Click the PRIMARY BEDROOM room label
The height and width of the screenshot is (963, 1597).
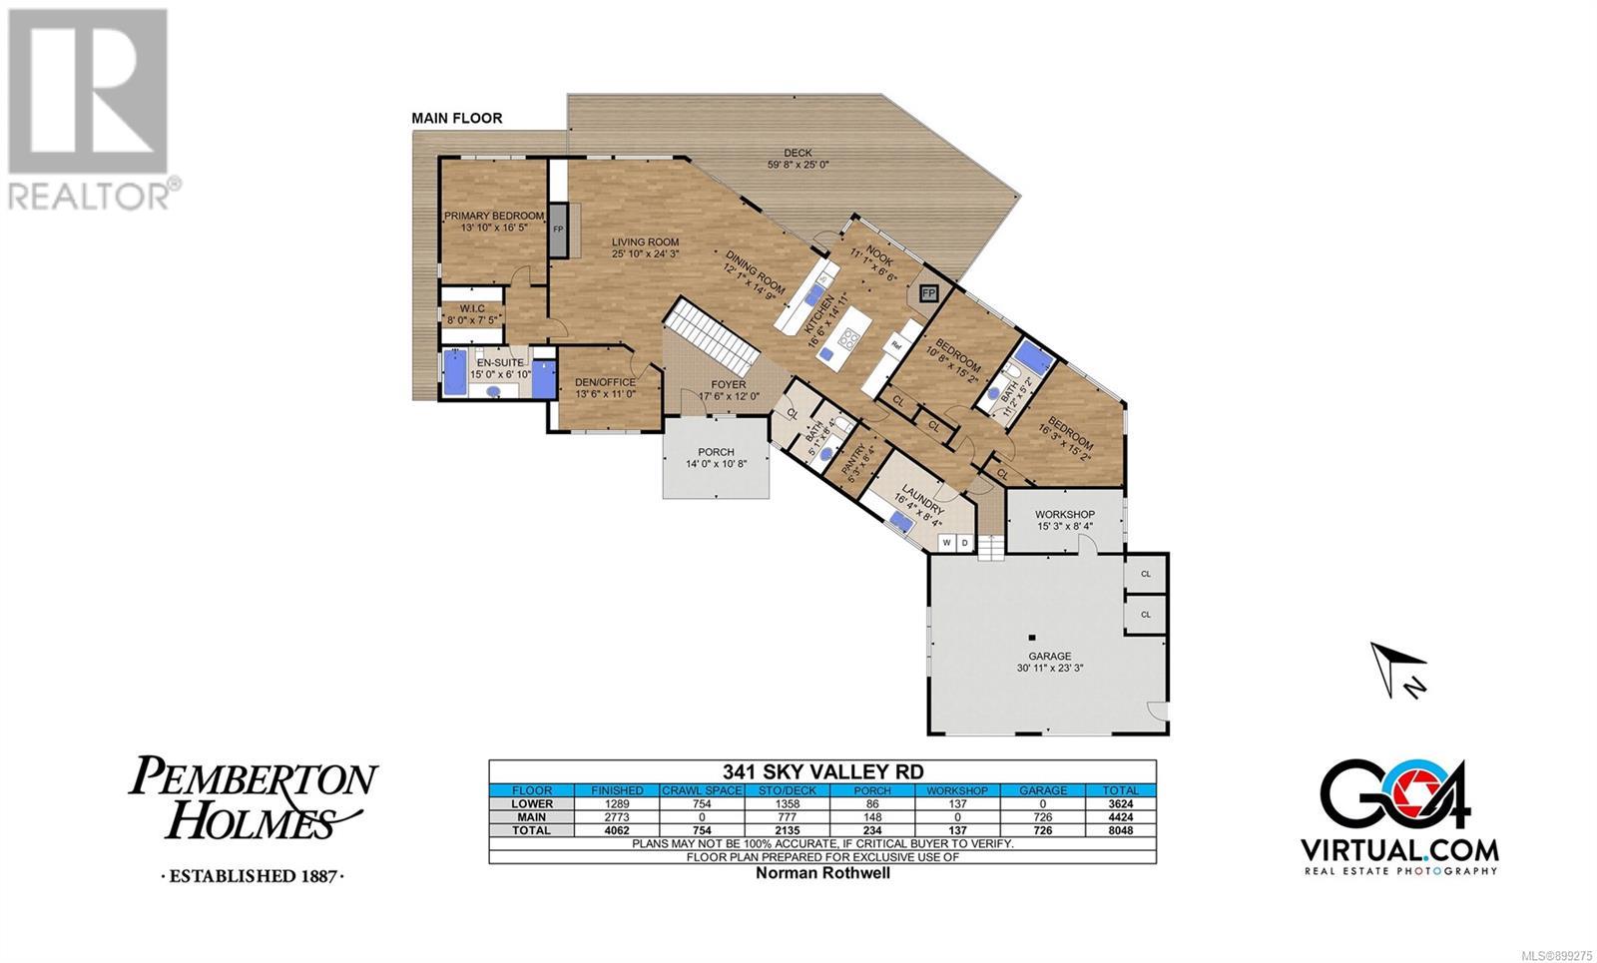pos(494,216)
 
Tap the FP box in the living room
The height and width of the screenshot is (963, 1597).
pos(558,230)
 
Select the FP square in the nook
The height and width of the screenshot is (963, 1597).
pos(928,293)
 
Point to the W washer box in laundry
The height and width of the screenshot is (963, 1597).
pos(947,543)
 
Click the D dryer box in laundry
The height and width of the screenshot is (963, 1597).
pos(964,543)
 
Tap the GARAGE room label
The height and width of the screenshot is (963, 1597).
pos(1049,656)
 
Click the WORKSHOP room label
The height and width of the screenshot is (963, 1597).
pos(1065,514)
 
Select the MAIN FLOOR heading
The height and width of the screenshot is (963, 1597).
pos(457,119)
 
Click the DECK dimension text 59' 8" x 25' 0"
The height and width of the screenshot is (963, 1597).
pos(798,165)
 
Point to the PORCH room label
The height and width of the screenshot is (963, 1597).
pos(716,452)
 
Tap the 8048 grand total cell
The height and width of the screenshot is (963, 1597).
pos(1121,830)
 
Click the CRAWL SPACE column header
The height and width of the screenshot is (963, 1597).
pos(703,790)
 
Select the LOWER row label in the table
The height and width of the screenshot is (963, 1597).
pos(532,804)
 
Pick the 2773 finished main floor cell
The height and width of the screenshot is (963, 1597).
pos(617,817)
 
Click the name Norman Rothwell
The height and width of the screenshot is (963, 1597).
pos(822,873)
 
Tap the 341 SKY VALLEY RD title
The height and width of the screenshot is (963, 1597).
pos(822,772)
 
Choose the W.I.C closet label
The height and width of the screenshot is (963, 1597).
pos(472,308)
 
